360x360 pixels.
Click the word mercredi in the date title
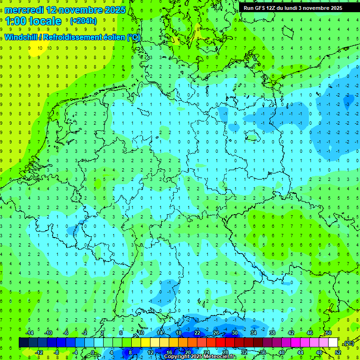point(22,9)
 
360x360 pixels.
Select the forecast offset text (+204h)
point(83,21)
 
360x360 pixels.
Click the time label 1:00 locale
point(33,21)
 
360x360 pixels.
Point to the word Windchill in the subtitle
point(22,37)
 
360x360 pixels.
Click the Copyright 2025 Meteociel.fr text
point(199,356)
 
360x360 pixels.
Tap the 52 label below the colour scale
point(338,352)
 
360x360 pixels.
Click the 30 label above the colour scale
point(235,333)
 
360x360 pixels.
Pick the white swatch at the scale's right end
point(333,343)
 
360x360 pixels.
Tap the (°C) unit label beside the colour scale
point(349,343)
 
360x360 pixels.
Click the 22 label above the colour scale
point(197,333)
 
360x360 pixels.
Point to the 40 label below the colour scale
point(282,352)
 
